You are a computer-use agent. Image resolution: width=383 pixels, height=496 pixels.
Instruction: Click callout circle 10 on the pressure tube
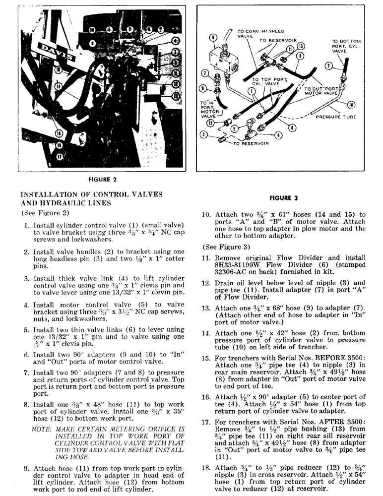(351, 105)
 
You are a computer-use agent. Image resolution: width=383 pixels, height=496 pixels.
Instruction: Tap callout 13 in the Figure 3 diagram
(301, 46)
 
